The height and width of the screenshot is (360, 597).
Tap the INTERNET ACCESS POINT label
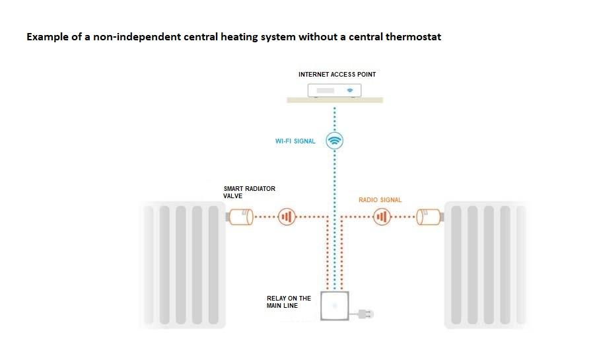tap(337, 75)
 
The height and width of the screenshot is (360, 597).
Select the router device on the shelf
tap(335, 90)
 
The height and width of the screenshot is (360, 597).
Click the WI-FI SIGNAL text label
tap(295, 141)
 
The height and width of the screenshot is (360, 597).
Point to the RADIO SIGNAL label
tap(380, 199)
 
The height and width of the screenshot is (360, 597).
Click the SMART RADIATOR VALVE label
tap(250, 192)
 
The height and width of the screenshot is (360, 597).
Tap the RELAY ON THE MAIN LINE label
tap(289, 302)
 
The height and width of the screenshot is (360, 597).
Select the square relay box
tap(335, 305)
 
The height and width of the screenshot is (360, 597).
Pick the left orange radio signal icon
tap(287, 217)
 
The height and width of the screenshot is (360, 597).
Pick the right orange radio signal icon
tap(382, 217)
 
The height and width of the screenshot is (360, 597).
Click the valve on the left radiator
tap(240, 217)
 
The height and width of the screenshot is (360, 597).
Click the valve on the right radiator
tap(429, 217)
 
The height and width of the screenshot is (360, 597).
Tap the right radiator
tap(487, 265)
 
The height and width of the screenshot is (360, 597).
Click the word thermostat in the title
tap(412, 37)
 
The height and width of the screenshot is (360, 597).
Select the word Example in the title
tap(48, 37)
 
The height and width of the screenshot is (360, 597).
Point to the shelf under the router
tap(335, 100)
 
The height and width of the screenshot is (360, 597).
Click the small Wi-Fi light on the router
tap(351, 90)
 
